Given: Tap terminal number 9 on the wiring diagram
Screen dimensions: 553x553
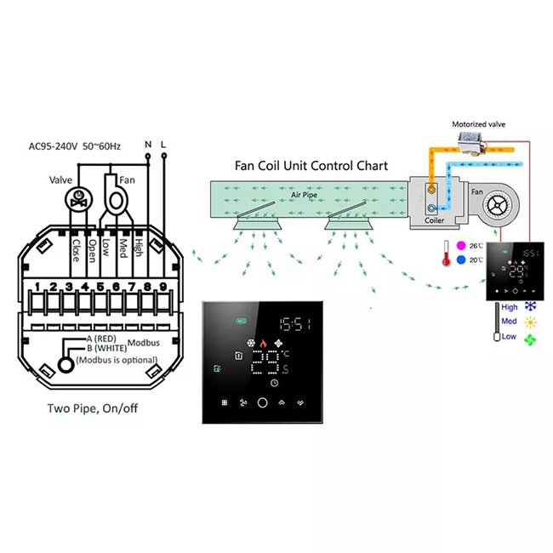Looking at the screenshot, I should point(162,286).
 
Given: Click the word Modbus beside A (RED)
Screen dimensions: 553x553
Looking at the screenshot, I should point(143,343).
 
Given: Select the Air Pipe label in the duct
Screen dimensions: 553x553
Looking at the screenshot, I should point(303,194).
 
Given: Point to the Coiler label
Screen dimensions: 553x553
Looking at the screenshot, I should point(435,220).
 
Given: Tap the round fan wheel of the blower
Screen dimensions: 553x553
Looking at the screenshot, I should point(505,205).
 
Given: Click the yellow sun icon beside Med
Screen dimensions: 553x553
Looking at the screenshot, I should point(531,322).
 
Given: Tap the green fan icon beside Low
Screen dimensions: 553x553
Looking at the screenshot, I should point(531,339).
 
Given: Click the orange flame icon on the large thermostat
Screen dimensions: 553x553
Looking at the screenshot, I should point(263,345).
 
